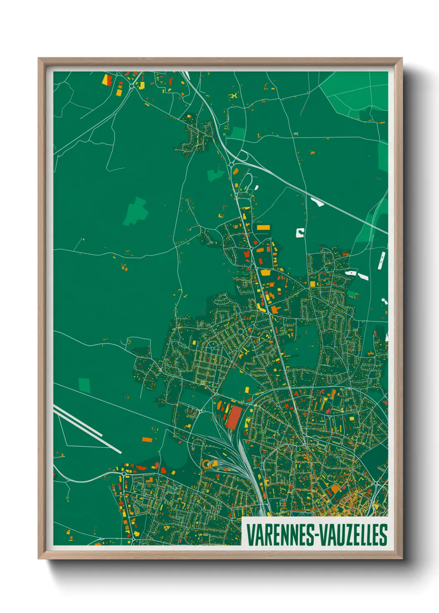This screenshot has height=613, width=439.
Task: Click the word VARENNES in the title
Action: [x=280, y=535]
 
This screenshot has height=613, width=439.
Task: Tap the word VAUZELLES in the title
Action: [x=353, y=535]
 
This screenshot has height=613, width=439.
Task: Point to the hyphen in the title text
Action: [x=316, y=536]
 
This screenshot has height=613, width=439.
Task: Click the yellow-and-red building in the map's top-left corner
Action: [x=107, y=79]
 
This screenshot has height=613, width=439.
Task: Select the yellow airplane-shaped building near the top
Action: [x=234, y=96]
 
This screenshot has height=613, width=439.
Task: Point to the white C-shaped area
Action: [x=300, y=233]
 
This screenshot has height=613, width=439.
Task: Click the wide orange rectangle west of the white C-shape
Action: [x=263, y=227]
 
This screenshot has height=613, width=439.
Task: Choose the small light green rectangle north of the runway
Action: [x=84, y=385]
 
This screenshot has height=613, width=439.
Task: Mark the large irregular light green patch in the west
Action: [x=136, y=211]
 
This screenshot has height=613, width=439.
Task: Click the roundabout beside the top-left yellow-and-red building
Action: [x=132, y=86]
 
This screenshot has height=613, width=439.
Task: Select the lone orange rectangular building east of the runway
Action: [x=147, y=439]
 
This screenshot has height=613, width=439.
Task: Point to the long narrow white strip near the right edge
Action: [x=381, y=260]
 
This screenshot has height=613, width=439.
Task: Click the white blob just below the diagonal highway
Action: [x=317, y=202]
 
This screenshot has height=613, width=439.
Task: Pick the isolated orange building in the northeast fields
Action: [x=312, y=153]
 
